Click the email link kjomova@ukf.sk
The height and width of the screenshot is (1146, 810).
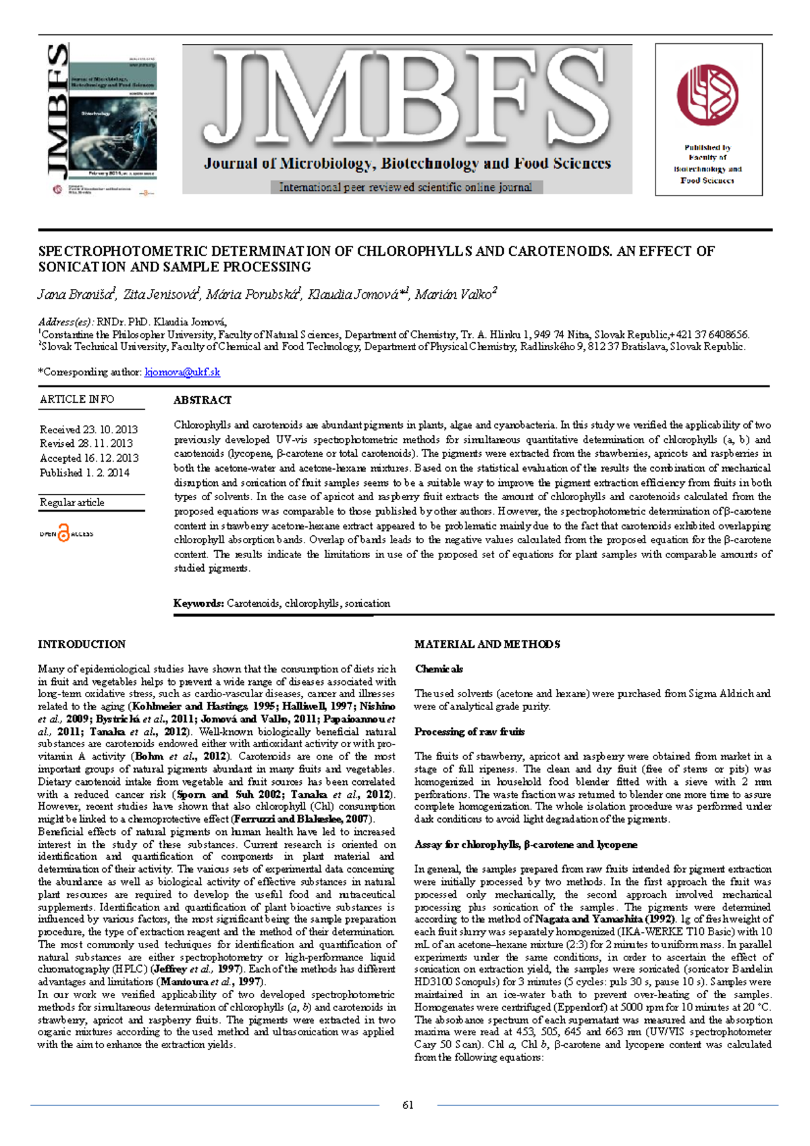point(182,372)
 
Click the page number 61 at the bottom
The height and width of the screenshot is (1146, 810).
point(408,1105)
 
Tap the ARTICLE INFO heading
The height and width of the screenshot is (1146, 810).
point(77,400)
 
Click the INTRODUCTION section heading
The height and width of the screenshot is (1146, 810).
point(82,644)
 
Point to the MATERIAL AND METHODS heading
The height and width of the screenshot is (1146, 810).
point(487,644)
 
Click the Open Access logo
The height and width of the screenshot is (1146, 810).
point(66,533)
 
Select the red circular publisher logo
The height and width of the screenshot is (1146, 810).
point(707,95)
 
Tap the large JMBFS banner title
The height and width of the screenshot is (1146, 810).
point(407,101)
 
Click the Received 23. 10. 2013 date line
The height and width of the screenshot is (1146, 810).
point(88,429)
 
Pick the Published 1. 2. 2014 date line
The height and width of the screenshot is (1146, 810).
point(84,472)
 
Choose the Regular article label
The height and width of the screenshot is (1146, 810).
point(72,502)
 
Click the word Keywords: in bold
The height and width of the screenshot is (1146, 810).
point(198,603)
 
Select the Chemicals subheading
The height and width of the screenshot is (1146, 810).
point(439,669)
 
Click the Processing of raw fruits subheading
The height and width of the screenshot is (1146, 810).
point(469,732)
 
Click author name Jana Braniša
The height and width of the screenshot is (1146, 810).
point(76,294)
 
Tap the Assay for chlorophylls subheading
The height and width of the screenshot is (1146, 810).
point(525,844)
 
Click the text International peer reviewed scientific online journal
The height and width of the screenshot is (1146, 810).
point(406,187)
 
